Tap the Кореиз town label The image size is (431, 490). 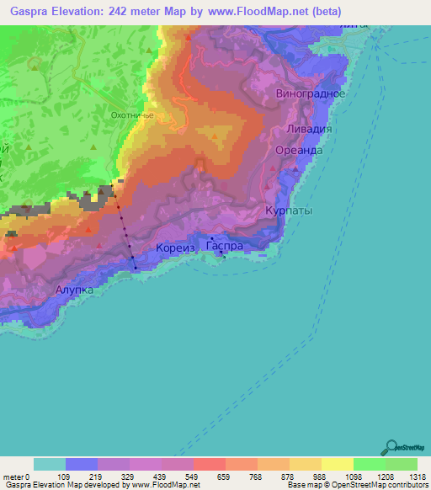[x=175, y=248]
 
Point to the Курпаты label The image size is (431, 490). [x=289, y=211]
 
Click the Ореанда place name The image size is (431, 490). [x=299, y=149]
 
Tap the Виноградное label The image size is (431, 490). [x=310, y=94]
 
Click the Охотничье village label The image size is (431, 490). [x=131, y=115]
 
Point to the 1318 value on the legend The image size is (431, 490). [x=418, y=476]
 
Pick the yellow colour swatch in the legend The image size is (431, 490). [x=337, y=463]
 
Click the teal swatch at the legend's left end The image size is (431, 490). [x=49, y=463]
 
